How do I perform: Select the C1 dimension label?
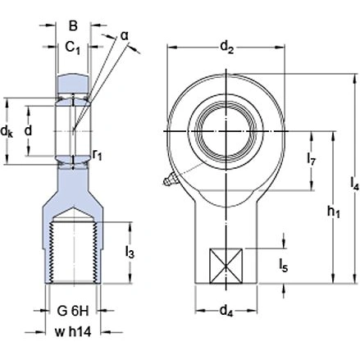point(71,48)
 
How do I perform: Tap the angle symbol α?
point(125,35)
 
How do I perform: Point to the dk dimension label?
point(8,131)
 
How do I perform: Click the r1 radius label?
point(97,152)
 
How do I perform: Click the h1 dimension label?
point(332,212)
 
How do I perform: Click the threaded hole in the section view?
point(71,250)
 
